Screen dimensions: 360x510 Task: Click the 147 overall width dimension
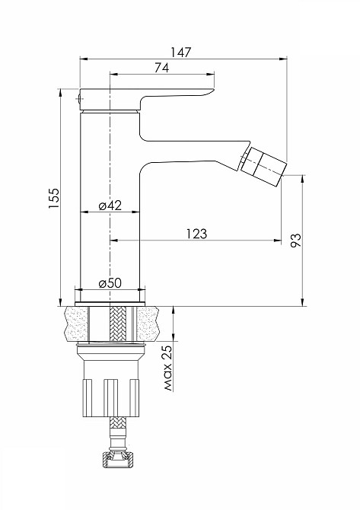point(181,53)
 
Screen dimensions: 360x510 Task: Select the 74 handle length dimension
point(161,68)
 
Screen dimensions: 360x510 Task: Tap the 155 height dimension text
point(54,198)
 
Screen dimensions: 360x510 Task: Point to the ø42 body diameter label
point(110,206)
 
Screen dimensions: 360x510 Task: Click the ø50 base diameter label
point(110,283)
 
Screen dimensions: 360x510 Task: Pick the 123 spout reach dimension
point(196,234)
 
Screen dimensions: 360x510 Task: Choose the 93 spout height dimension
point(296,241)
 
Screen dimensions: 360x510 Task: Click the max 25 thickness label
point(167,368)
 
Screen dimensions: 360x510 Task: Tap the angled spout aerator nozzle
point(264,166)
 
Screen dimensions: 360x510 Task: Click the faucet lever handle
point(146,99)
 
